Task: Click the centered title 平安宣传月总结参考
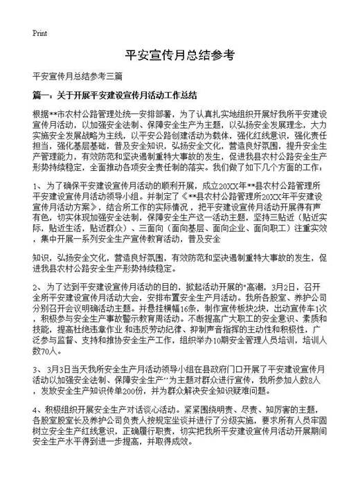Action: (x=180, y=56)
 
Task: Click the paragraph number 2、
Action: (x=37, y=284)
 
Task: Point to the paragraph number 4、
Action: (x=37, y=410)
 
